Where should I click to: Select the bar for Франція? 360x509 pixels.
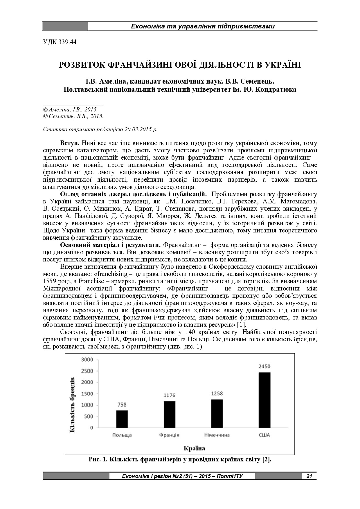(x=169, y=414)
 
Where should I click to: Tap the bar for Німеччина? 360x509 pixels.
(x=217, y=413)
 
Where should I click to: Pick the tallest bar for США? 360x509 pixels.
(x=264, y=400)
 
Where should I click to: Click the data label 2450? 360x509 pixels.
(x=264, y=367)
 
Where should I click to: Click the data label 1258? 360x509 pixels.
(x=217, y=394)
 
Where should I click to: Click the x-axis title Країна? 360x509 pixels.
(x=194, y=448)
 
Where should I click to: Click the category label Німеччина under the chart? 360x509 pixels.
(x=217, y=435)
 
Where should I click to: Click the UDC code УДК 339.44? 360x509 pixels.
(x=60, y=42)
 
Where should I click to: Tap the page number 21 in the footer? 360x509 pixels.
(x=309, y=476)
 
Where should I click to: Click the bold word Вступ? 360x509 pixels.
(x=70, y=143)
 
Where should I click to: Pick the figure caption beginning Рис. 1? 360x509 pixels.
(x=180, y=460)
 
